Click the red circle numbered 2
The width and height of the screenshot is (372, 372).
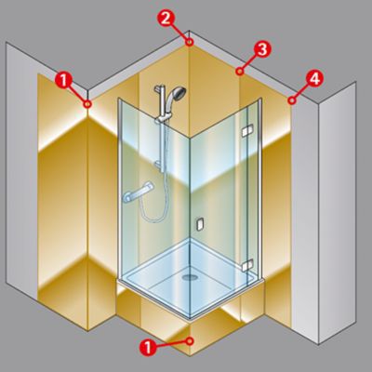coord(166,19)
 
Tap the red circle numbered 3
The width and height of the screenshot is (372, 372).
coord(262,49)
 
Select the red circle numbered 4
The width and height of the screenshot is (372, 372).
coord(314,79)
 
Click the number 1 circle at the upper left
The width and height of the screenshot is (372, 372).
coord(63,81)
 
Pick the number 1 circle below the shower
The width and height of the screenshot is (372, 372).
coord(148,347)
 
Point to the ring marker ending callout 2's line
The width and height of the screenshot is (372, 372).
coord(190,42)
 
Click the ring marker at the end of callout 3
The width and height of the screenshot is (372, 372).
coord(239,72)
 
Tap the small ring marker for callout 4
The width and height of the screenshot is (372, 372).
coord(291,100)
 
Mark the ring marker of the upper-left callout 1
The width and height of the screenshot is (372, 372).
coord(87,104)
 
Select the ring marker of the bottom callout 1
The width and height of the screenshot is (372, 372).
coord(190,341)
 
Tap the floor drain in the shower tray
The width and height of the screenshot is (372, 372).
coord(190,277)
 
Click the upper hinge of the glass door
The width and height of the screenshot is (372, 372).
coord(247,130)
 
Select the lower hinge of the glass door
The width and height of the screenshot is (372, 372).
coord(247,265)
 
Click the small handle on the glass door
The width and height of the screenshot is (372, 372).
coord(200,224)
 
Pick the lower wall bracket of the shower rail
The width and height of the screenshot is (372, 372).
coord(159,166)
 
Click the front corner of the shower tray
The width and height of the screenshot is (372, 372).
coord(190,318)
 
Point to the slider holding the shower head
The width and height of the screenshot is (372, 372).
coord(163,117)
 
